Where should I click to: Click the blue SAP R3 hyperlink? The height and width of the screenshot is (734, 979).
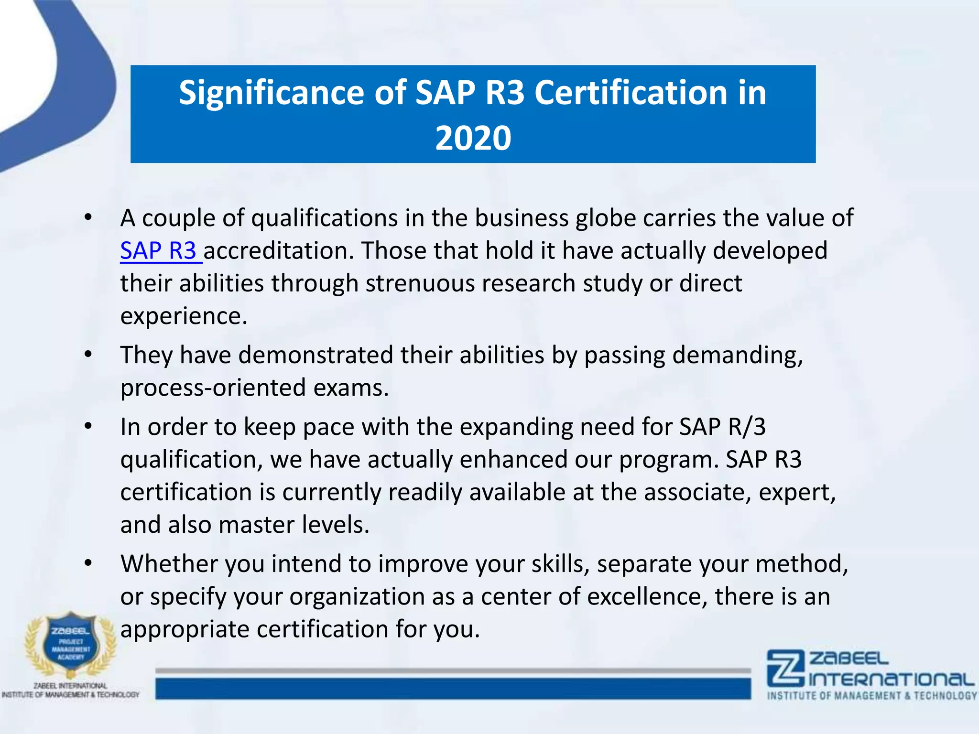pos(159,251)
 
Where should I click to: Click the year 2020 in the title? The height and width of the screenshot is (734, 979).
pos(473,139)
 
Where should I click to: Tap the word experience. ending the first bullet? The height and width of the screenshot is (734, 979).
pos(184,316)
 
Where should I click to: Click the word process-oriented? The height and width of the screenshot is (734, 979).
pos(213,388)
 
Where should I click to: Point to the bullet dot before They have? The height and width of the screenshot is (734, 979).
pos(88,355)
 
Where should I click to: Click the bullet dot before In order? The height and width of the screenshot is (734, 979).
pos(88,426)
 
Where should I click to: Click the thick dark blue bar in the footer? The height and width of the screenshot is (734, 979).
pos(453,689)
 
